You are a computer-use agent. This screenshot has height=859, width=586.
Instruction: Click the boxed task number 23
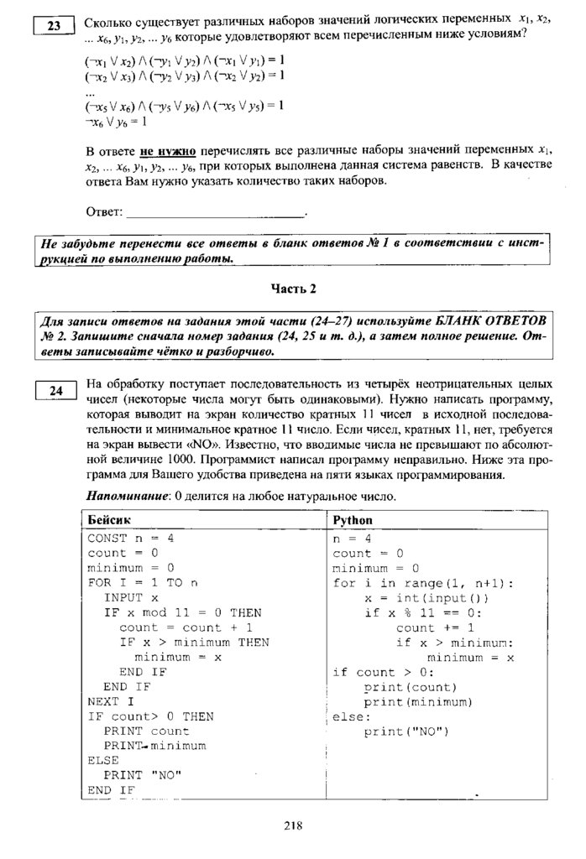55,26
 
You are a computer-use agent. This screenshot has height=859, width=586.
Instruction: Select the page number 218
292,825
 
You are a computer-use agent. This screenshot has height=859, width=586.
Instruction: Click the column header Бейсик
108,519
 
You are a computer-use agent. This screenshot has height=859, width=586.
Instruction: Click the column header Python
353,519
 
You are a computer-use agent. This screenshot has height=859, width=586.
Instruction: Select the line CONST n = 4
131,539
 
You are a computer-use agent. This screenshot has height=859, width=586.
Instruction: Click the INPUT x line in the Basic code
131,598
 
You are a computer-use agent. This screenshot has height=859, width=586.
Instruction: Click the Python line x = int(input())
426,598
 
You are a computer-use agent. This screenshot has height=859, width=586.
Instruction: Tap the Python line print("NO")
407,731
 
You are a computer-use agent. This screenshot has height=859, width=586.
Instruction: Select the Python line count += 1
435,627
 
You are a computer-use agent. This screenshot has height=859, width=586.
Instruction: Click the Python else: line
351,717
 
